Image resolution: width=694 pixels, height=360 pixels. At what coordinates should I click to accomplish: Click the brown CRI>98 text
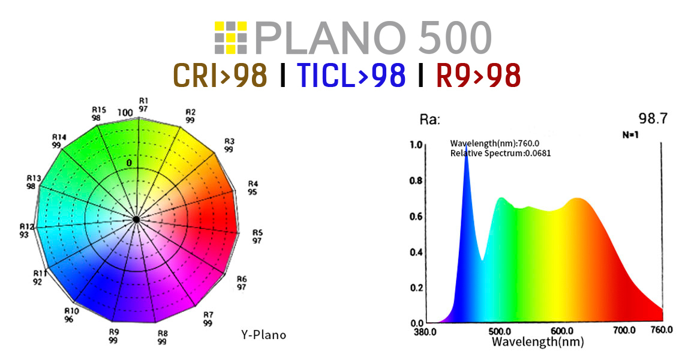pos(220,76)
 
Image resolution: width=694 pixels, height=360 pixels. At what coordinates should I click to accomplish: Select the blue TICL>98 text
pos(351,76)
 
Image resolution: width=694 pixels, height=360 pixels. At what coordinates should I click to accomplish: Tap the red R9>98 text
pos(478,76)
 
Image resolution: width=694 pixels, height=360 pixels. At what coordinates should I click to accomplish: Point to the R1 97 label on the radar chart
pos(143,104)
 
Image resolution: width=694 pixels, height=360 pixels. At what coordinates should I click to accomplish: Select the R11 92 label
pos(40,277)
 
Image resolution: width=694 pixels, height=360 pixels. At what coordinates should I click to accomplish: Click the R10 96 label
pos(71,315)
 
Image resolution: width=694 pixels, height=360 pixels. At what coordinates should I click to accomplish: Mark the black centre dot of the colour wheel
pos(137,220)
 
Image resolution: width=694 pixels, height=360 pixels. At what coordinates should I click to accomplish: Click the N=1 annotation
pos(630,135)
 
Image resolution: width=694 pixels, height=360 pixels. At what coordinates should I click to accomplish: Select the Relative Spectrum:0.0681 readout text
pos(500,154)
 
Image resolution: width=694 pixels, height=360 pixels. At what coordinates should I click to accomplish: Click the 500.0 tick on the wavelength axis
pos(500,331)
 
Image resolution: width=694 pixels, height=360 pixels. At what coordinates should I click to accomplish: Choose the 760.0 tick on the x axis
pos(662,331)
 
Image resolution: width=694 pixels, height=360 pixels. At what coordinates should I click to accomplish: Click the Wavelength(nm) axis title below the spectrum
pos(537,342)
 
